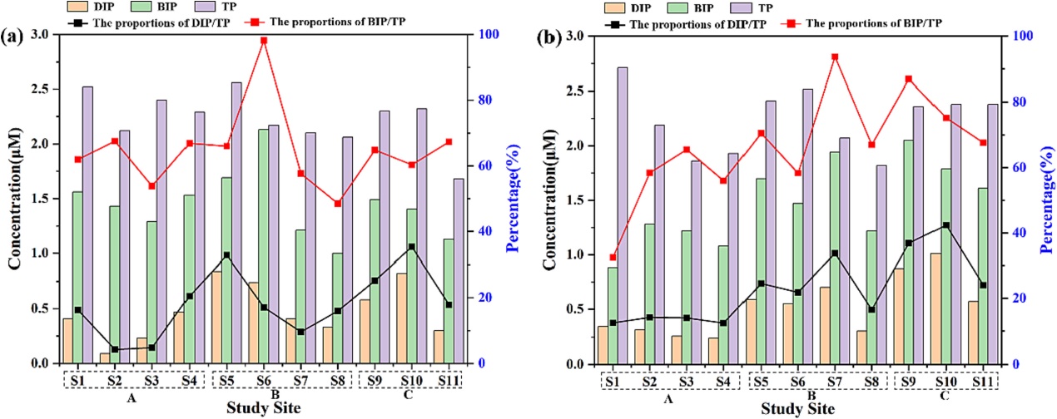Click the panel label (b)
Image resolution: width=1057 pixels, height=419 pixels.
550,37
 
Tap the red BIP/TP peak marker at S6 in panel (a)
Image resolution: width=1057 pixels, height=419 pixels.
264,40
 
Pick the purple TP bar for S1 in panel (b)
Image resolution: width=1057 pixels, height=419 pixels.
623,215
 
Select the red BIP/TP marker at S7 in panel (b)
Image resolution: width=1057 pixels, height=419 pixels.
835,57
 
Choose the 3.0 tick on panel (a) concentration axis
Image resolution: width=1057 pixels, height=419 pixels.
39,35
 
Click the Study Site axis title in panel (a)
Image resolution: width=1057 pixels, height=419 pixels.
264,408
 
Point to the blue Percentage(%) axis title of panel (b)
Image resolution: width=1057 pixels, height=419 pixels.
1045,200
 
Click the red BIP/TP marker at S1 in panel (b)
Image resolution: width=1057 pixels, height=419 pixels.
613,257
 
